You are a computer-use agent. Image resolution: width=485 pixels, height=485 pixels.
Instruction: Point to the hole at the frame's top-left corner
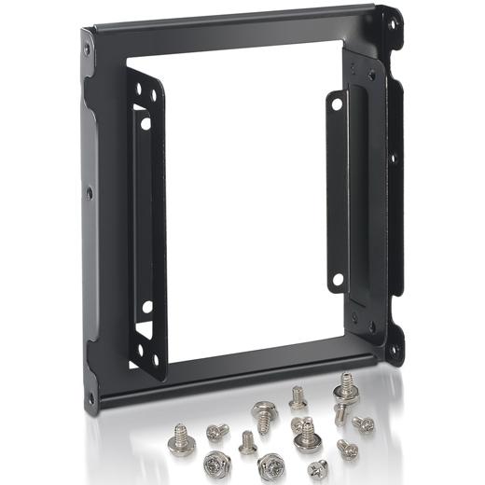click(88, 48)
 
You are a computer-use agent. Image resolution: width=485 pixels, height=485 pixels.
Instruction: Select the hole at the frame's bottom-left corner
click(90, 398)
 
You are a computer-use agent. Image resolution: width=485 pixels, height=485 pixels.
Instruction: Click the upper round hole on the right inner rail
click(337, 105)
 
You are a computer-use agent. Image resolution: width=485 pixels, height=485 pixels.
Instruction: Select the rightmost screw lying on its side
click(365, 424)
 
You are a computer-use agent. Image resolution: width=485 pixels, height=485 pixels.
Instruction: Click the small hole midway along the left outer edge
click(90, 194)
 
